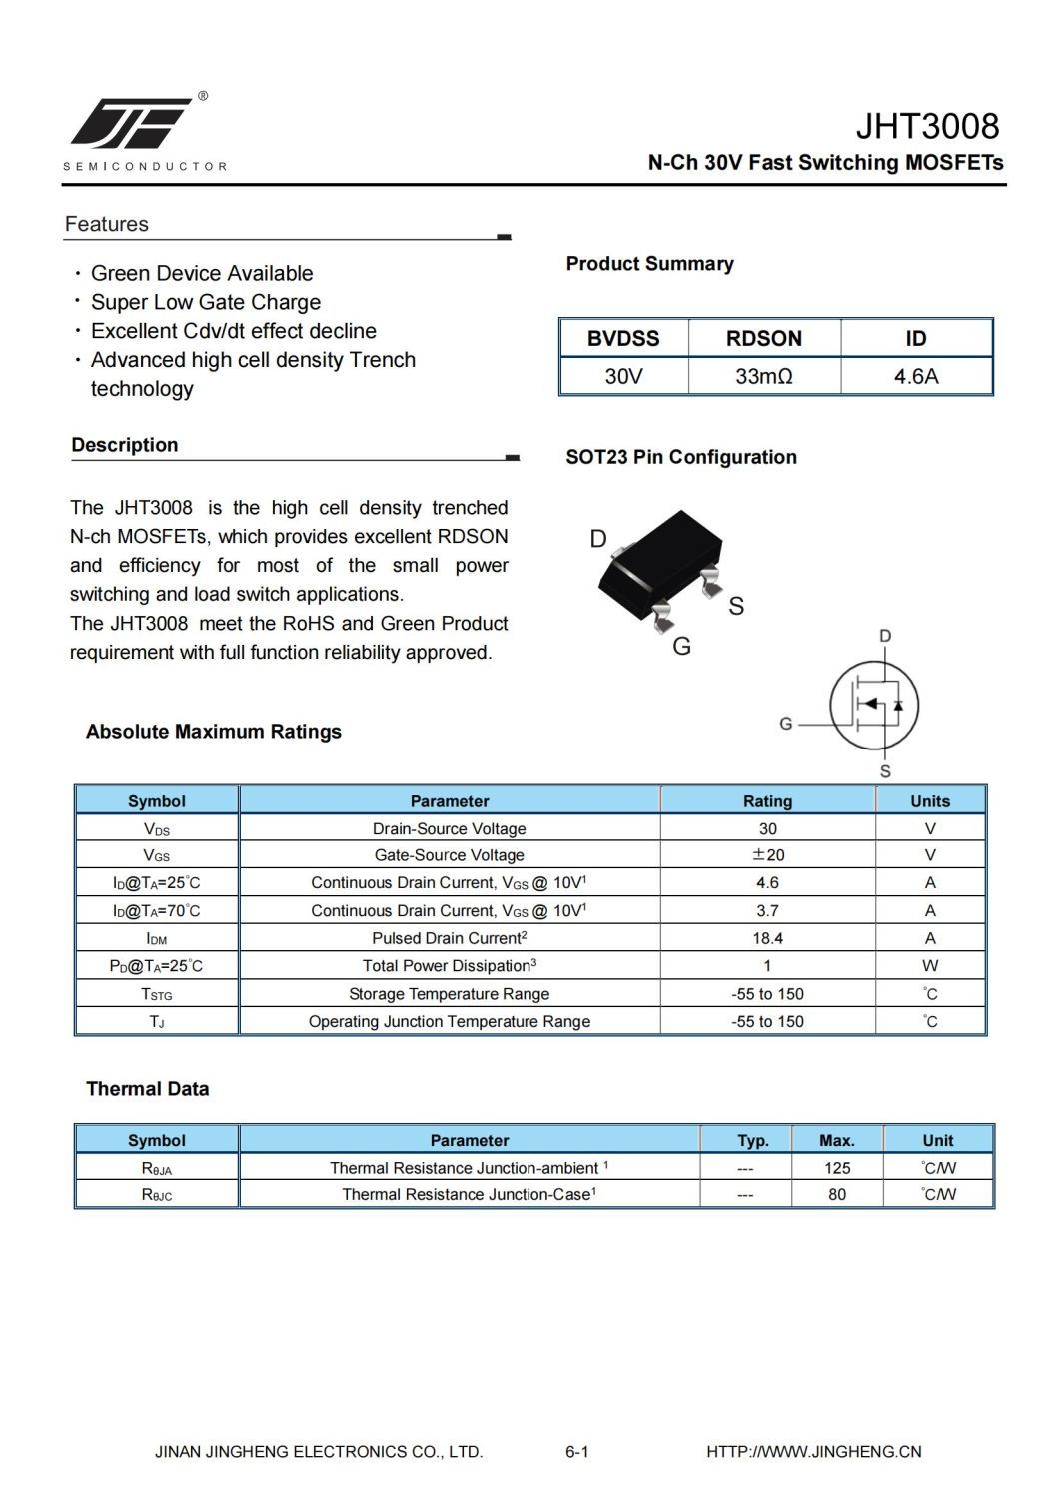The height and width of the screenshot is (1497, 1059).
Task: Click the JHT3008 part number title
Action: pyautogui.click(x=926, y=127)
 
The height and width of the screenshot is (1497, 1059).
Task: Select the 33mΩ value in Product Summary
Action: pyautogui.click(x=763, y=377)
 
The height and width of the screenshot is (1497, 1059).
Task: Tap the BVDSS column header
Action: pyautogui.click(x=623, y=338)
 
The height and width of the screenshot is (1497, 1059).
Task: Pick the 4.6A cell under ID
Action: pyautogui.click(x=915, y=377)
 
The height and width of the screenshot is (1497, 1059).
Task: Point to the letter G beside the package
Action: pyautogui.click(x=682, y=647)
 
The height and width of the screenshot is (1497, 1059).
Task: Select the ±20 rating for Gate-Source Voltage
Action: pyautogui.click(x=767, y=855)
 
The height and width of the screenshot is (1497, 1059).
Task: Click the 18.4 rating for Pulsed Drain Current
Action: pyautogui.click(x=767, y=938)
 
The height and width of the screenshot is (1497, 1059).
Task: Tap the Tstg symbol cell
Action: pyautogui.click(x=157, y=994)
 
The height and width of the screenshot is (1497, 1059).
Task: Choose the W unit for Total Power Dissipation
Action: pyautogui.click(x=930, y=966)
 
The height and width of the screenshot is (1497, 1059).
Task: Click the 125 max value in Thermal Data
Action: pyautogui.click(x=837, y=1168)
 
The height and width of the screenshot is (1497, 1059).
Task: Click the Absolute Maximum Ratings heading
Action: pyautogui.click(x=214, y=732)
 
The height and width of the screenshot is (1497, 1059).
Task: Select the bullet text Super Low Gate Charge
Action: pyautogui.click(x=206, y=302)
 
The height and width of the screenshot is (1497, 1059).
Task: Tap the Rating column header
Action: pyautogui.click(x=767, y=801)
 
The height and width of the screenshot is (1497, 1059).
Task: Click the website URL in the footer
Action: pyautogui.click(x=813, y=1452)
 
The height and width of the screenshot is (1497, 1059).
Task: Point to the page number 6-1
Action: pyautogui.click(x=576, y=1452)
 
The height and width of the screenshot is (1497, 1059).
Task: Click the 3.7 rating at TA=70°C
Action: pyautogui.click(x=767, y=911)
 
